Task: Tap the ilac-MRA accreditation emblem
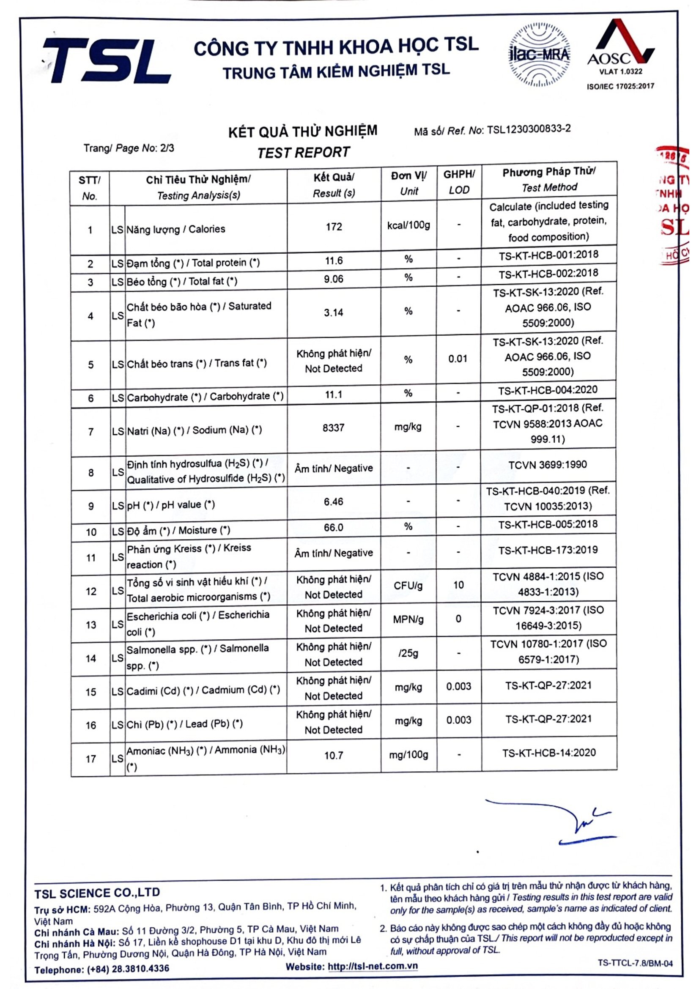pyautogui.click(x=539, y=55)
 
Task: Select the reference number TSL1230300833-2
pyautogui.click(x=529, y=129)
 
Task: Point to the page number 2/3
pyautogui.click(x=167, y=148)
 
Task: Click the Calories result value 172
pyautogui.click(x=333, y=227)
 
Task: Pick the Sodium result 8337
pyautogui.click(x=333, y=428)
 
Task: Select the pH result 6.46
pyautogui.click(x=333, y=502)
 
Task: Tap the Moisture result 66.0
pyautogui.click(x=333, y=528)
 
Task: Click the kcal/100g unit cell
pyautogui.click(x=408, y=225)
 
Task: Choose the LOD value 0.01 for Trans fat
pyautogui.click(x=458, y=359)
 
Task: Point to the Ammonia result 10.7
pyautogui.click(x=333, y=756)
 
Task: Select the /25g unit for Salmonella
pyautogui.click(x=408, y=653)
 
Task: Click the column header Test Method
pyautogui.click(x=549, y=188)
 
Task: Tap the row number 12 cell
pyautogui.click(x=91, y=592)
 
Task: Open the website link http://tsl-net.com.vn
pyautogui.click(x=373, y=966)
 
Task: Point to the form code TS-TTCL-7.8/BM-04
pyautogui.click(x=635, y=964)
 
